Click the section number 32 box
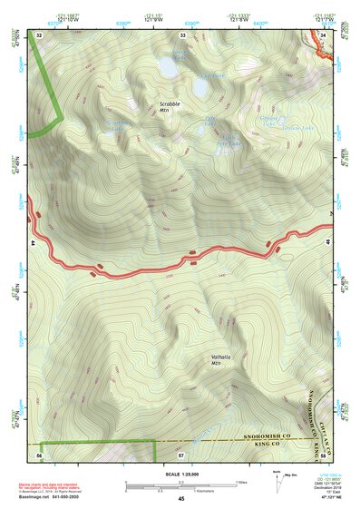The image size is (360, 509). click(39, 34)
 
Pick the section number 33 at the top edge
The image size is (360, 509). click(182, 34)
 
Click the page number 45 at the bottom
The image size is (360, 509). click(180, 499)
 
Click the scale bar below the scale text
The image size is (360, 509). click(180, 481)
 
